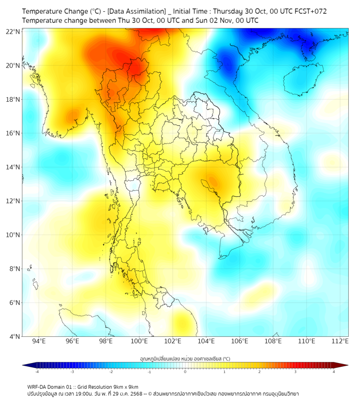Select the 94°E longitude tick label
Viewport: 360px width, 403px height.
click(x=39, y=342)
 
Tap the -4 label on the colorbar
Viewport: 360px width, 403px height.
click(x=37, y=372)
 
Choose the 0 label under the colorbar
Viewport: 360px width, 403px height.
click(x=185, y=372)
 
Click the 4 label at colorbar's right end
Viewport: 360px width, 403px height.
click(x=334, y=372)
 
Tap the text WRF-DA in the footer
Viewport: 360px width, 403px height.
click(x=37, y=387)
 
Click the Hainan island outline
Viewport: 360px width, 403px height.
click(x=301, y=80)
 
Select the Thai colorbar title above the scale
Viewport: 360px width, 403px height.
click(x=185, y=359)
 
